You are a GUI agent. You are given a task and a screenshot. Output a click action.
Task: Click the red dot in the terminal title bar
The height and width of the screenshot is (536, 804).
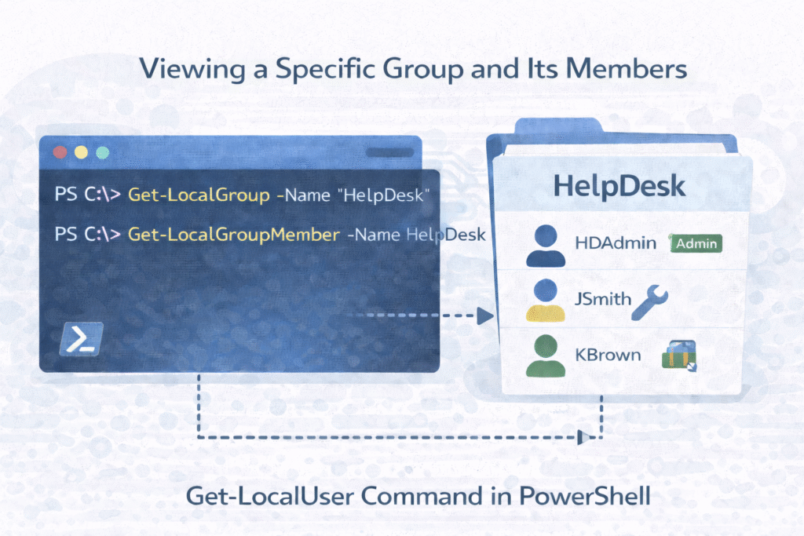coord(57,153)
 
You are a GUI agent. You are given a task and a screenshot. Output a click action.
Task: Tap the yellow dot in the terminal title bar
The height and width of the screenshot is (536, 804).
coord(79,153)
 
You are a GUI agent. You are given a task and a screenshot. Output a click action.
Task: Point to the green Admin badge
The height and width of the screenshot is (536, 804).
coord(696,244)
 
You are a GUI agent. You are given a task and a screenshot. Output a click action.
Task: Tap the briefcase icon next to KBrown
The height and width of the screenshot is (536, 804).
coord(680,355)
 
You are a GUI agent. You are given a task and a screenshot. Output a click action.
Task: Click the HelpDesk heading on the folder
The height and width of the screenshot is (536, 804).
coord(619,186)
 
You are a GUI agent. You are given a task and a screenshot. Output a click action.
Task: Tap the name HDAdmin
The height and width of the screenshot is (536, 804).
coord(616,243)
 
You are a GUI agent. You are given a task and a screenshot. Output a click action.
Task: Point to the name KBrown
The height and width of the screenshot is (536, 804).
coord(606,356)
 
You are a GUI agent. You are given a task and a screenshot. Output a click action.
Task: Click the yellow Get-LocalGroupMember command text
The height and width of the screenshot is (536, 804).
coord(234,234)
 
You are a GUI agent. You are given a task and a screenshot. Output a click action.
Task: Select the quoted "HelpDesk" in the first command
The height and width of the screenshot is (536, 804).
coord(386,195)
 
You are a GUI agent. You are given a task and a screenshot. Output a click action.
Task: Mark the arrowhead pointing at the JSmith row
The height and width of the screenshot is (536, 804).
coord(485,315)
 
